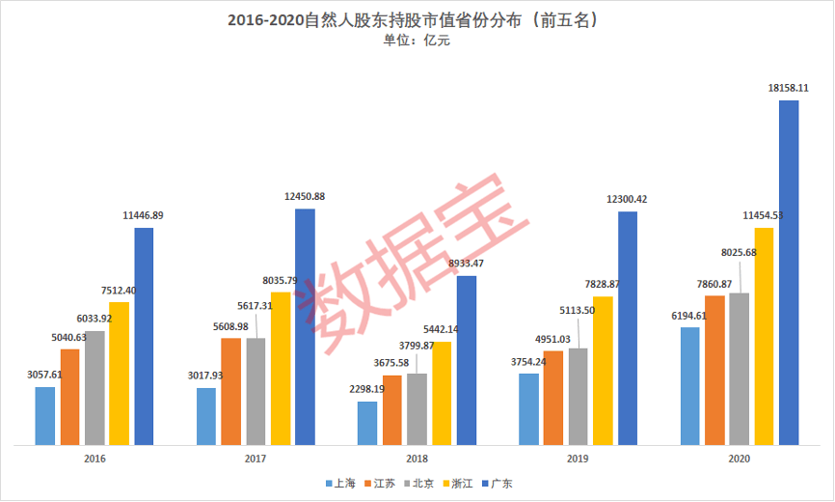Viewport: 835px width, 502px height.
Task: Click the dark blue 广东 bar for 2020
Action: pyautogui.click(x=789, y=272)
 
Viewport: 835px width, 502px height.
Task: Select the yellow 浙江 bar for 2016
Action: pyautogui.click(x=119, y=374)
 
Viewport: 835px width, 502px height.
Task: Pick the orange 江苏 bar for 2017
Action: pyautogui.click(x=230, y=391)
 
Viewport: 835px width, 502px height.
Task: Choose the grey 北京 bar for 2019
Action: pyautogui.click(x=578, y=396)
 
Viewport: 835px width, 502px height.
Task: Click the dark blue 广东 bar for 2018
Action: pyautogui.click(x=467, y=360)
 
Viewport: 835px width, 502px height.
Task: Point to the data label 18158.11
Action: pyautogui.click(x=788, y=87)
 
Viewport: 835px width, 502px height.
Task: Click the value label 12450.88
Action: pyautogui.click(x=305, y=196)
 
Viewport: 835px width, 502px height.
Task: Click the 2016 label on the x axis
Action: pyautogui.click(x=94, y=460)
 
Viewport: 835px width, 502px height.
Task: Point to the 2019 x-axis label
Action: pyautogui.click(x=578, y=460)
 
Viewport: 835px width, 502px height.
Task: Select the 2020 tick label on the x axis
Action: pyautogui.click(x=740, y=460)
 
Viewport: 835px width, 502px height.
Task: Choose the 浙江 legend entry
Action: pyautogui.click(x=455, y=483)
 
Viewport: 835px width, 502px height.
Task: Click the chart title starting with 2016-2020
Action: pyautogui.click(x=416, y=20)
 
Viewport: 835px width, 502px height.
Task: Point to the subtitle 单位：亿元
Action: pyautogui.click(x=417, y=41)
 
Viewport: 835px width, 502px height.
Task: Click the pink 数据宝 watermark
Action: pyautogui.click(x=415, y=256)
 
